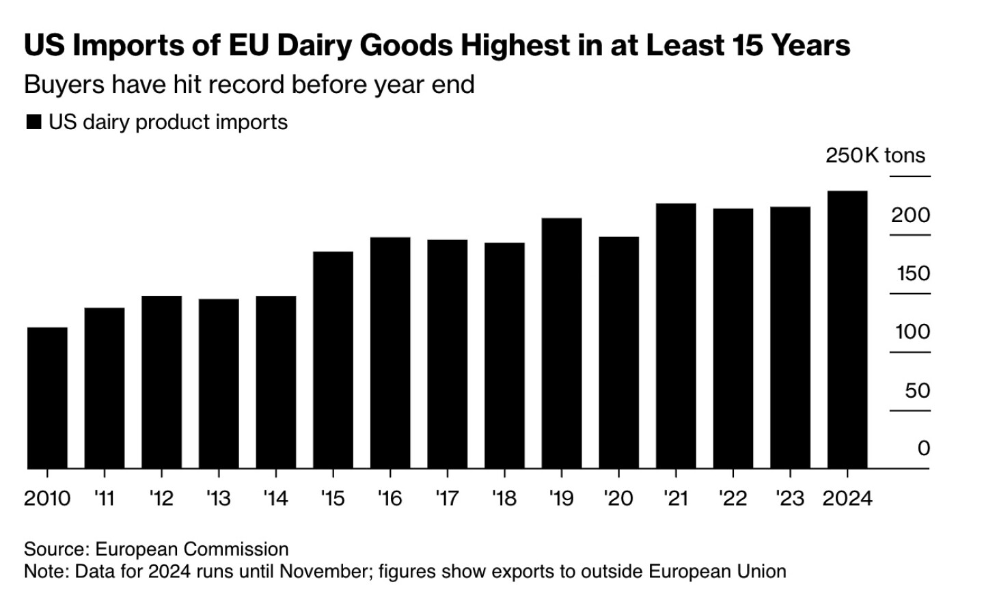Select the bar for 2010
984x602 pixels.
pyautogui.click(x=47, y=398)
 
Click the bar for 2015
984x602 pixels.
pyautogui.click(x=333, y=360)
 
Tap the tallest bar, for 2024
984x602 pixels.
pyautogui.click(x=847, y=329)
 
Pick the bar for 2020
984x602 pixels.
pyautogui.click(x=618, y=353)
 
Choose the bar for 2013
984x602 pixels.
pyautogui.click(x=219, y=383)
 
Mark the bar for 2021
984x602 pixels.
pyautogui.click(x=676, y=336)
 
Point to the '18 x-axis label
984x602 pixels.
pyautogui.click(x=504, y=499)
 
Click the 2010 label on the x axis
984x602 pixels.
pyautogui.click(x=47, y=499)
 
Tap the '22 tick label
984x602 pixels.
pyautogui.click(x=733, y=499)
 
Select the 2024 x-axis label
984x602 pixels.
pyautogui.click(x=847, y=499)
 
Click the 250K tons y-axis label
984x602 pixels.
pyautogui.click(x=875, y=156)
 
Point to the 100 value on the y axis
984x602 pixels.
pyautogui.click(x=912, y=332)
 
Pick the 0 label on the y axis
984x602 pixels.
pyautogui.click(x=923, y=448)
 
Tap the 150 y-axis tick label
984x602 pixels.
pyautogui.click(x=913, y=273)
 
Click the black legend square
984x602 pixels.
pyautogui.click(x=33, y=123)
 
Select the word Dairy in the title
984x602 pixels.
pyautogui.click(x=314, y=46)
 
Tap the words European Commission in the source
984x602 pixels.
pyautogui.click(x=191, y=549)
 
